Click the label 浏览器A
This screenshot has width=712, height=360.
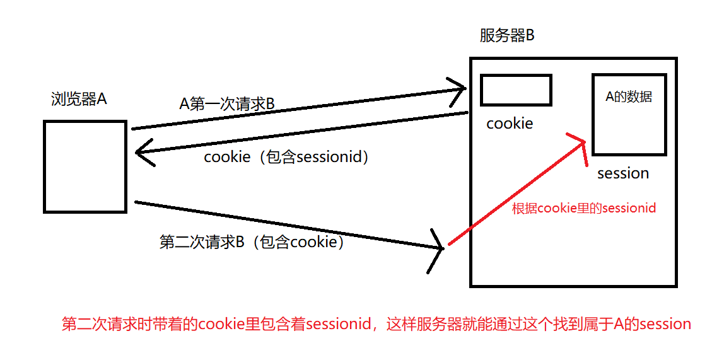(79, 99)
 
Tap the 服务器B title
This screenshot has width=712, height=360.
(506, 35)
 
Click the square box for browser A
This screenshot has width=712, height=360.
(85, 166)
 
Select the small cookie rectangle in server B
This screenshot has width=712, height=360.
(516, 90)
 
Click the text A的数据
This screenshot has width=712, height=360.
(628, 97)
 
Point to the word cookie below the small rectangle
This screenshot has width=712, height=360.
(510, 124)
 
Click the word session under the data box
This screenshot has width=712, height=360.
(622, 173)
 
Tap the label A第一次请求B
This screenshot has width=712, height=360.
(227, 104)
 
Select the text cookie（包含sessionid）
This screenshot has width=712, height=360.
(286, 157)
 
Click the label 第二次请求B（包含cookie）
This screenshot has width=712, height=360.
(252, 242)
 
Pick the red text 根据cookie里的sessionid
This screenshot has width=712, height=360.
(584, 208)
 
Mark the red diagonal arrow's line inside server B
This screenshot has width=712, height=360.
(511, 196)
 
